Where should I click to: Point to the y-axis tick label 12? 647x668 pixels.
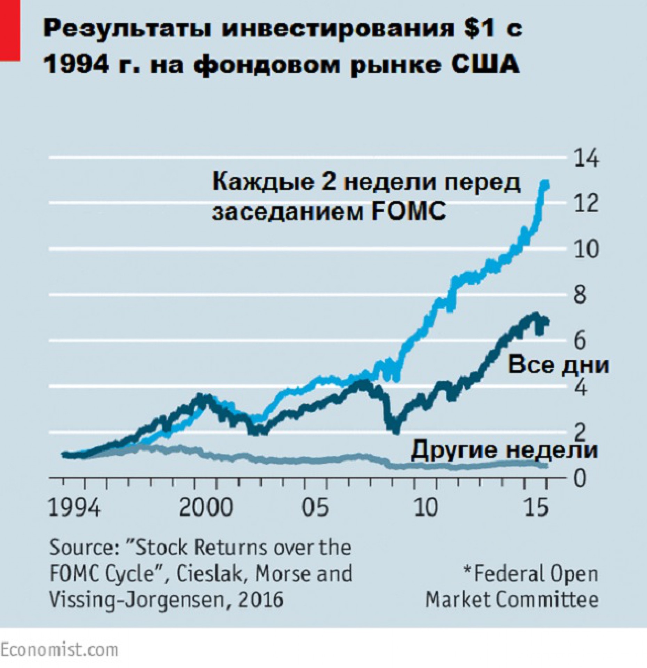pyautogui.click(x=587, y=204)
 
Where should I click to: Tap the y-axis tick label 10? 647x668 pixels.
pyautogui.click(x=587, y=249)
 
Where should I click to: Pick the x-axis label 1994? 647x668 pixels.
pyautogui.click(x=75, y=508)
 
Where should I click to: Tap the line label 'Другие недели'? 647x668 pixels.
pyautogui.click(x=504, y=450)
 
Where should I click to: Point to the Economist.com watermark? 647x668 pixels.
pyautogui.click(x=59, y=650)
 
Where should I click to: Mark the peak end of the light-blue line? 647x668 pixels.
pyautogui.click(x=545, y=184)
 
